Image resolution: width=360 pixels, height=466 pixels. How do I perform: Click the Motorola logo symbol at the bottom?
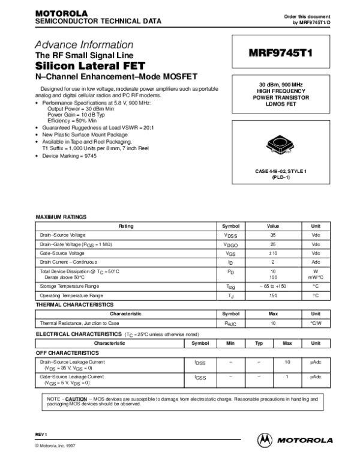264,440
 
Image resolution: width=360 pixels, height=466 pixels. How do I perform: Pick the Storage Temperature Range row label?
70,286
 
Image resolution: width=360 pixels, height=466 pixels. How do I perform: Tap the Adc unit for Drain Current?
316,262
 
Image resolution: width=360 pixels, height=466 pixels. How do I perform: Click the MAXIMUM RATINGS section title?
62,217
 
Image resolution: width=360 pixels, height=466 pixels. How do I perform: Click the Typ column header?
259,343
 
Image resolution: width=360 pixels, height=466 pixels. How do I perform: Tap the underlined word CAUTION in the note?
76,399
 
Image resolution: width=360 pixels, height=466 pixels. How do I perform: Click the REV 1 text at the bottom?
41,434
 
